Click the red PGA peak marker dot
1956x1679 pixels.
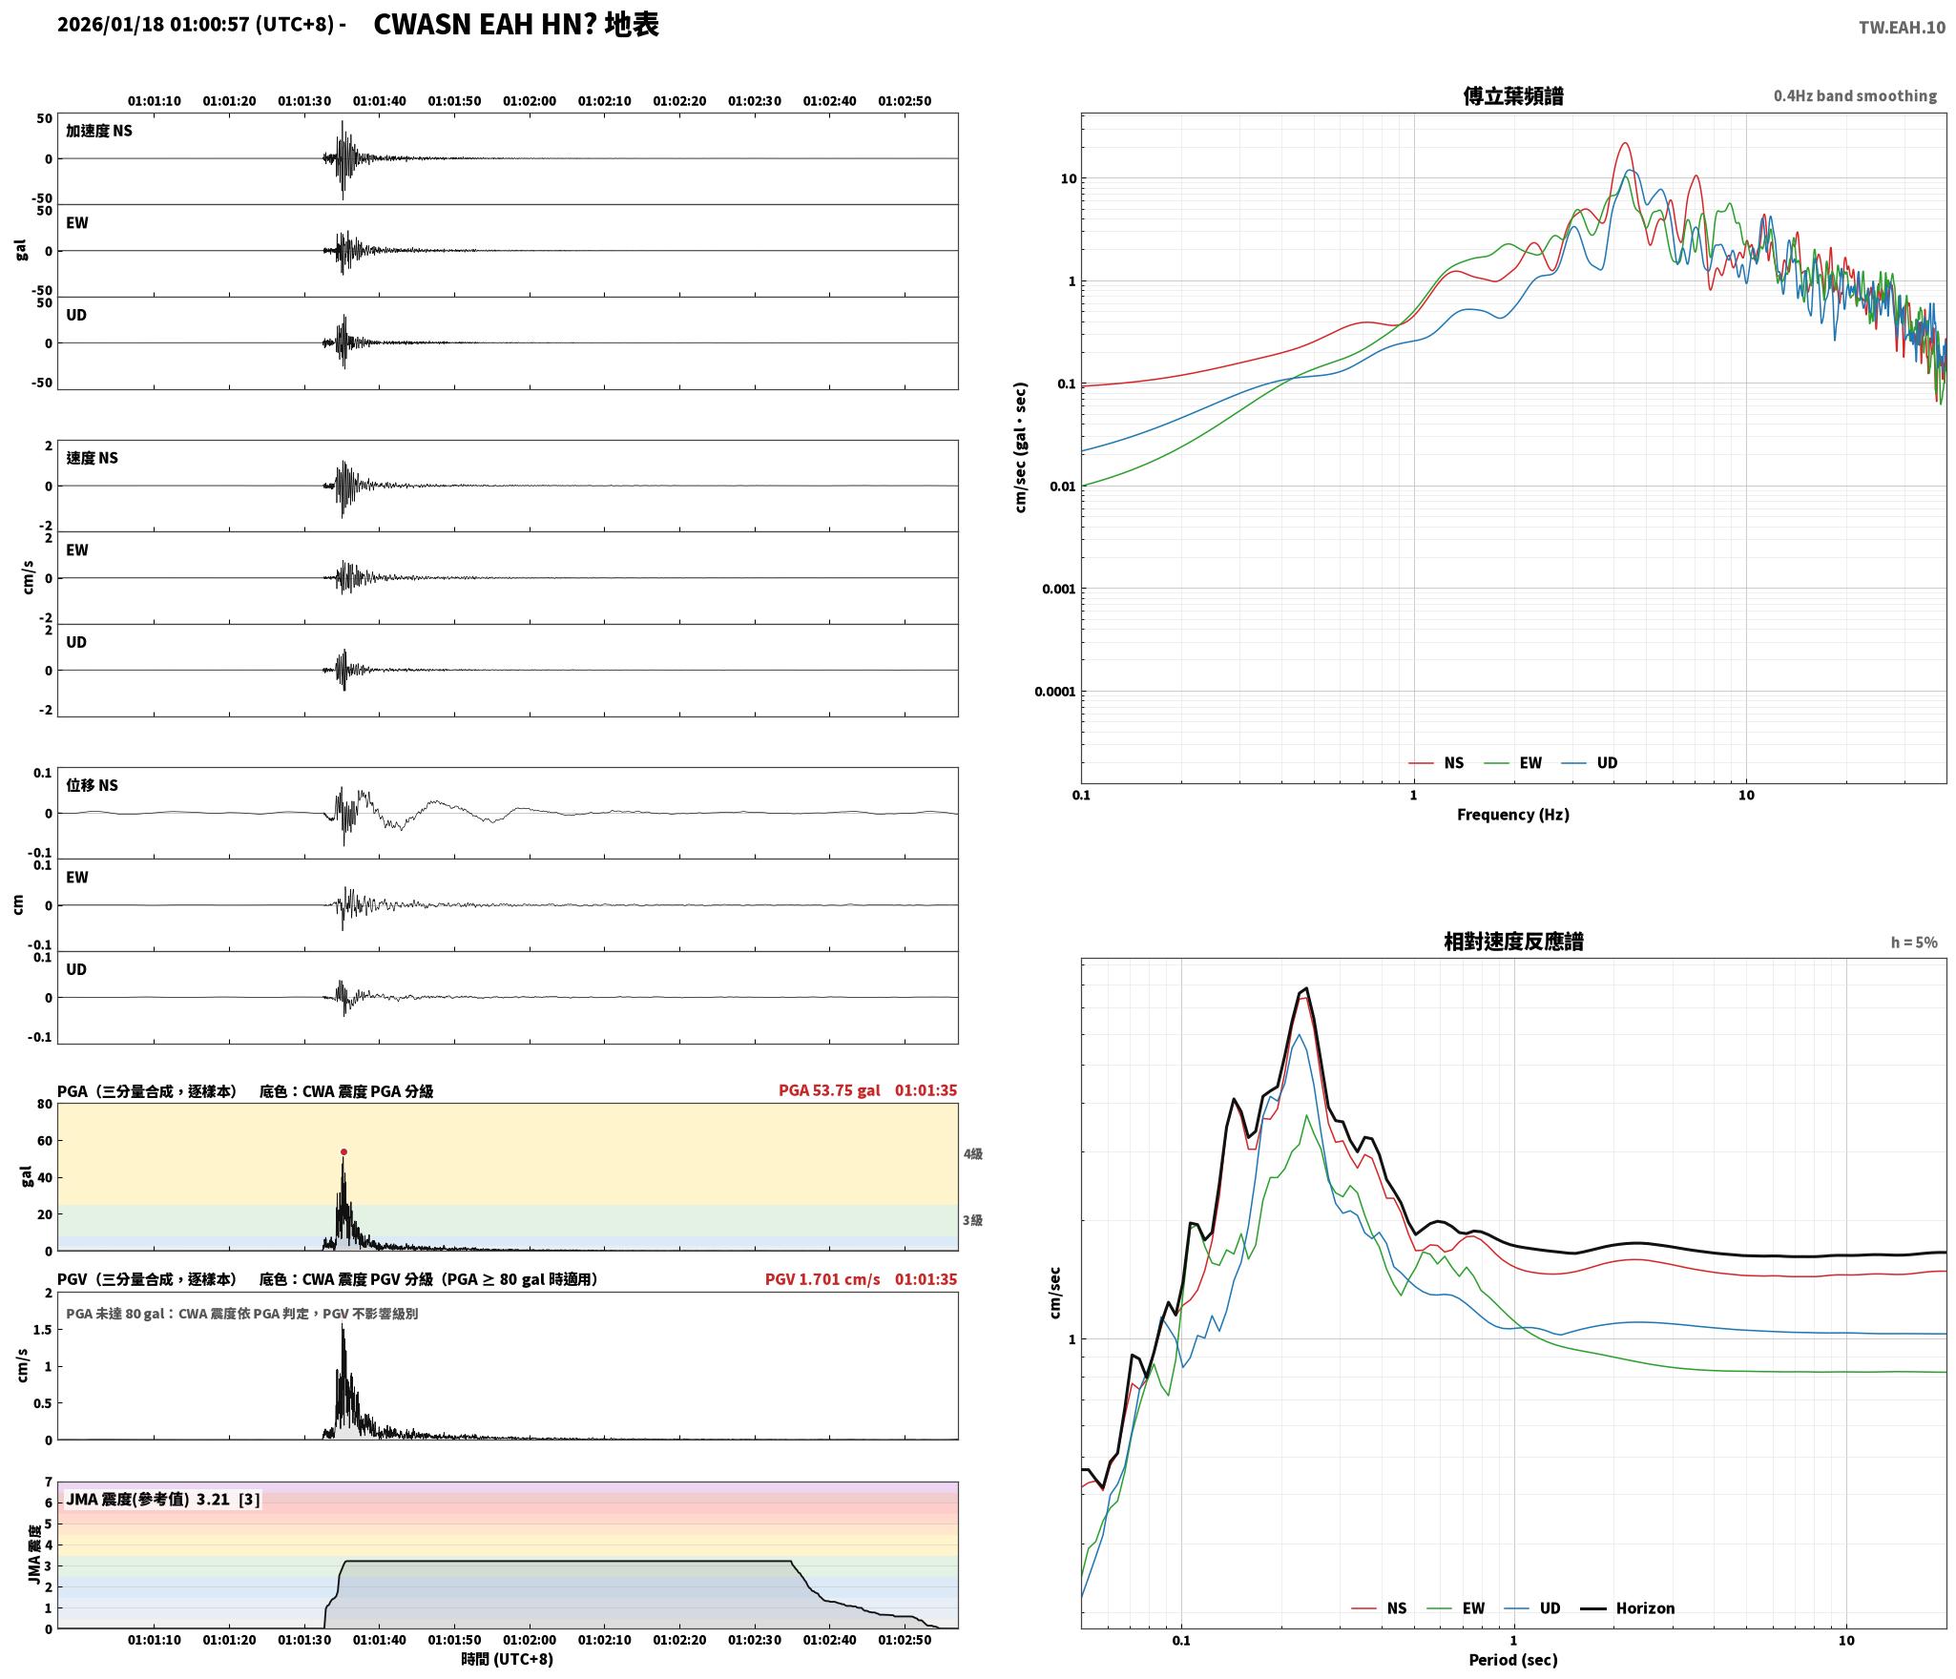coord(343,1151)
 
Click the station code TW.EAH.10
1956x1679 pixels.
coord(1902,28)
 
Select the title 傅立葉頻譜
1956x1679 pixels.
coord(1513,95)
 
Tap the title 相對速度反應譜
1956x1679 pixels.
coord(1513,942)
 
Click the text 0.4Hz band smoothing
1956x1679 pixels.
coord(1855,96)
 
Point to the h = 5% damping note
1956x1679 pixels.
coord(1914,943)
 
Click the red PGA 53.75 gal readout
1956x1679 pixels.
coord(829,1089)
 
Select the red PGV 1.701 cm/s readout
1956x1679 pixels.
coord(822,1278)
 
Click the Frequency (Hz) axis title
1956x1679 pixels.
coord(1512,814)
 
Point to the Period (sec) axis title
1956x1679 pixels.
coord(1512,1659)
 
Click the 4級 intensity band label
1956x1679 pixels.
coord(972,1153)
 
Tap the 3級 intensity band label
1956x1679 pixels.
coord(972,1220)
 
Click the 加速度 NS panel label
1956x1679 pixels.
coord(99,131)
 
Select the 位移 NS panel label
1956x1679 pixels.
coord(92,785)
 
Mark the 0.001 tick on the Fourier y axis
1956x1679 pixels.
coord(1058,589)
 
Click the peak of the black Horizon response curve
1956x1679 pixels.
coord(1306,988)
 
